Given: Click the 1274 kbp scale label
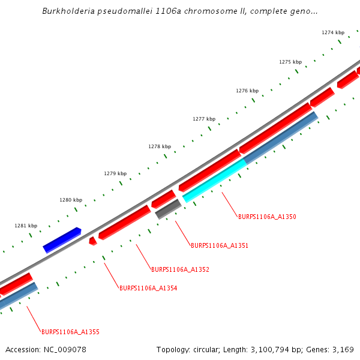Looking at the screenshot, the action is (x=333, y=32).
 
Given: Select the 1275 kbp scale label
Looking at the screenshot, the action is (x=290, y=62).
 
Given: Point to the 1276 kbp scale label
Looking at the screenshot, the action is (x=247, y=91).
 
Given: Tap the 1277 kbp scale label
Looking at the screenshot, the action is (x=204, y=119).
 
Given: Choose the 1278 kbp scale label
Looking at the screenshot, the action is (x=160, y=146).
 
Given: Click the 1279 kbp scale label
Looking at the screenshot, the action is (x=115, y=173).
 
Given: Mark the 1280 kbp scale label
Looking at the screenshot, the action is (x=71, y=200).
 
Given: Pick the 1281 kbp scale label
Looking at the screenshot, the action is (x=26, y=226).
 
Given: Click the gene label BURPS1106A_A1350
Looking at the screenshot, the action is (x=267, y=217).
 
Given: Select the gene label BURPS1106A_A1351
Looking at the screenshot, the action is (x=220, y=245).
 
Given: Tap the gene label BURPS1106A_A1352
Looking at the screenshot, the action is (x=180, y=269).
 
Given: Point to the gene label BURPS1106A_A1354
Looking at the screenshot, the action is (x=148, y=288).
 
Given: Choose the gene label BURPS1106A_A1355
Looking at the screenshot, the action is (x=70, y=332).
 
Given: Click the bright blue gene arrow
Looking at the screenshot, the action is (x=62, y=240).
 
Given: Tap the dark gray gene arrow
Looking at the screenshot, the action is (x=168, y=209).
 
